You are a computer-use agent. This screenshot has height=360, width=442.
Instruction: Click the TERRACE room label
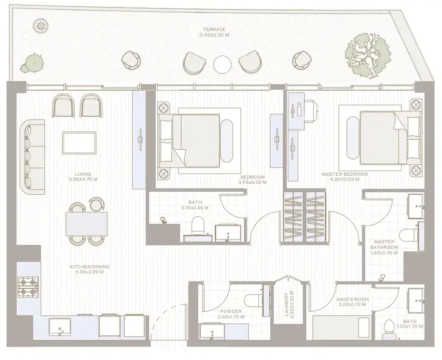pos(214,30)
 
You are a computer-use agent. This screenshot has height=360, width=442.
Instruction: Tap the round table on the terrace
pos(222,65)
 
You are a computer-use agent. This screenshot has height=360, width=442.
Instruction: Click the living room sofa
pos(33,157)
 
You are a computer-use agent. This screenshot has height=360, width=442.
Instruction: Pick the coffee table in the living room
pos(79,143)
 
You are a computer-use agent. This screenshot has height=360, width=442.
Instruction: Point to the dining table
pos(87,224)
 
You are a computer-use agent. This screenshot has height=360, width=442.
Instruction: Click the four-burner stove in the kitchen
pos(28,287)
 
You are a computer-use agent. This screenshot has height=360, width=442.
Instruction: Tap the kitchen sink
pos(60,327)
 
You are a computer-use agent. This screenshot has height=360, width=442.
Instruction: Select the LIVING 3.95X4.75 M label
pos(83,176)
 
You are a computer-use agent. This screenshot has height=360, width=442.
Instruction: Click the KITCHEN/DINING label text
pos(90,266)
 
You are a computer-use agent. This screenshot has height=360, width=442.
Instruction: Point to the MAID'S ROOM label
pos(352,299)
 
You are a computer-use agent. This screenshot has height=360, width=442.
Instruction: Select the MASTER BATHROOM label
pos(384,244)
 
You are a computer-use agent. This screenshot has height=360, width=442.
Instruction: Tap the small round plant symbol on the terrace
pos(39,26)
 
